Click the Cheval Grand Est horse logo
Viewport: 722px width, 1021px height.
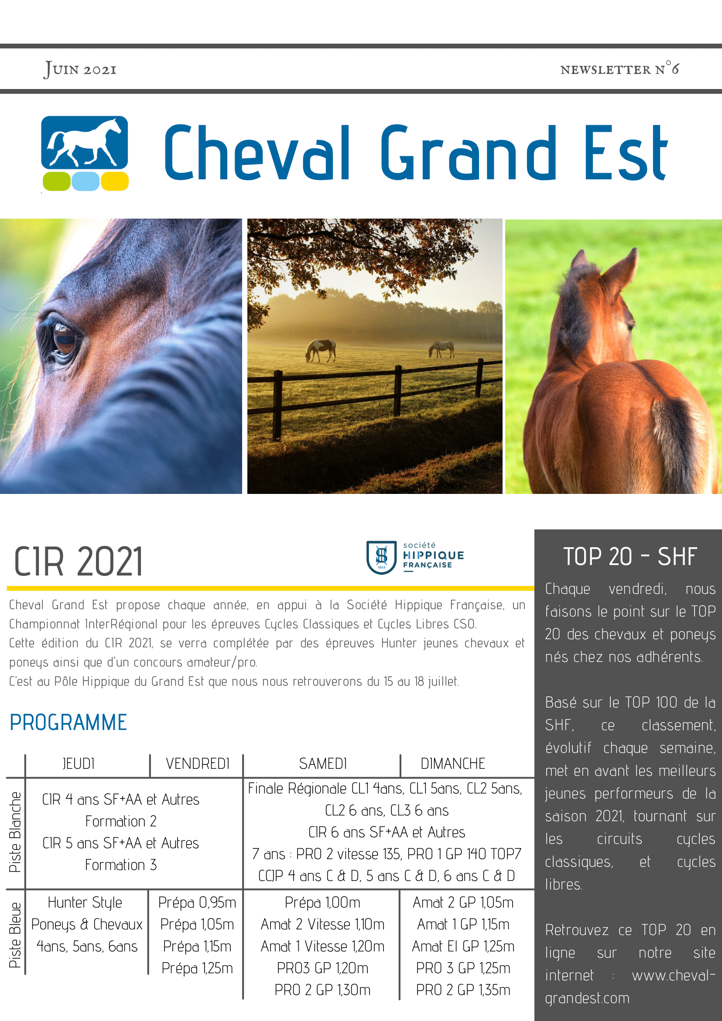point(85,154)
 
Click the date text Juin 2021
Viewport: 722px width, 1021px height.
point(80,69)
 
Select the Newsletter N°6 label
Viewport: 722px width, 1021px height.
point(619,69)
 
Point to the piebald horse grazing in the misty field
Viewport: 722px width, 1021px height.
point(320,350)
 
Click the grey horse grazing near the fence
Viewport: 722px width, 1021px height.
point(441,349)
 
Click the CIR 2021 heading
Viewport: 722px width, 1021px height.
point(78,562)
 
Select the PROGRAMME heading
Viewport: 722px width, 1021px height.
point(68,722)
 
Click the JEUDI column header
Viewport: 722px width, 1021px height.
point(79,764)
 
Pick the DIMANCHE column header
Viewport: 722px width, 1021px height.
point(452,764)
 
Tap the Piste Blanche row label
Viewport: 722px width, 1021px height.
point(15,832)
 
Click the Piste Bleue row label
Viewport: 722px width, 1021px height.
point(15,935)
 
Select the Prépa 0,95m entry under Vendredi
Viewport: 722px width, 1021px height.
point(197,902)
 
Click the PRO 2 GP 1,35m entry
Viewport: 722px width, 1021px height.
point(463,990)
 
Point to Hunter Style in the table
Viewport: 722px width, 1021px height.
point(85,903)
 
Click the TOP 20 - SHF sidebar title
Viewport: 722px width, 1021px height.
point(630,556)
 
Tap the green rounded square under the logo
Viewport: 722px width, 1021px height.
point(56,182)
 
